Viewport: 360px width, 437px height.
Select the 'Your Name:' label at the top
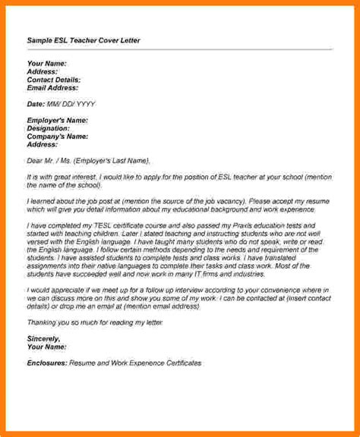(47, 62)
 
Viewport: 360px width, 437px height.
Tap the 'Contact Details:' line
(54, 79)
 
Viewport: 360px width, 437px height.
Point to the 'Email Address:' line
(51, 87)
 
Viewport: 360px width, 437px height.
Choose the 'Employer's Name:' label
(58, 120)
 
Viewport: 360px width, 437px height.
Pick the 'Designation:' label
(49, 128)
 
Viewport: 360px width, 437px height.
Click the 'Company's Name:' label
(57, 137)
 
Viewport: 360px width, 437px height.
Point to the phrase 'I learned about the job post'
(73, 201)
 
